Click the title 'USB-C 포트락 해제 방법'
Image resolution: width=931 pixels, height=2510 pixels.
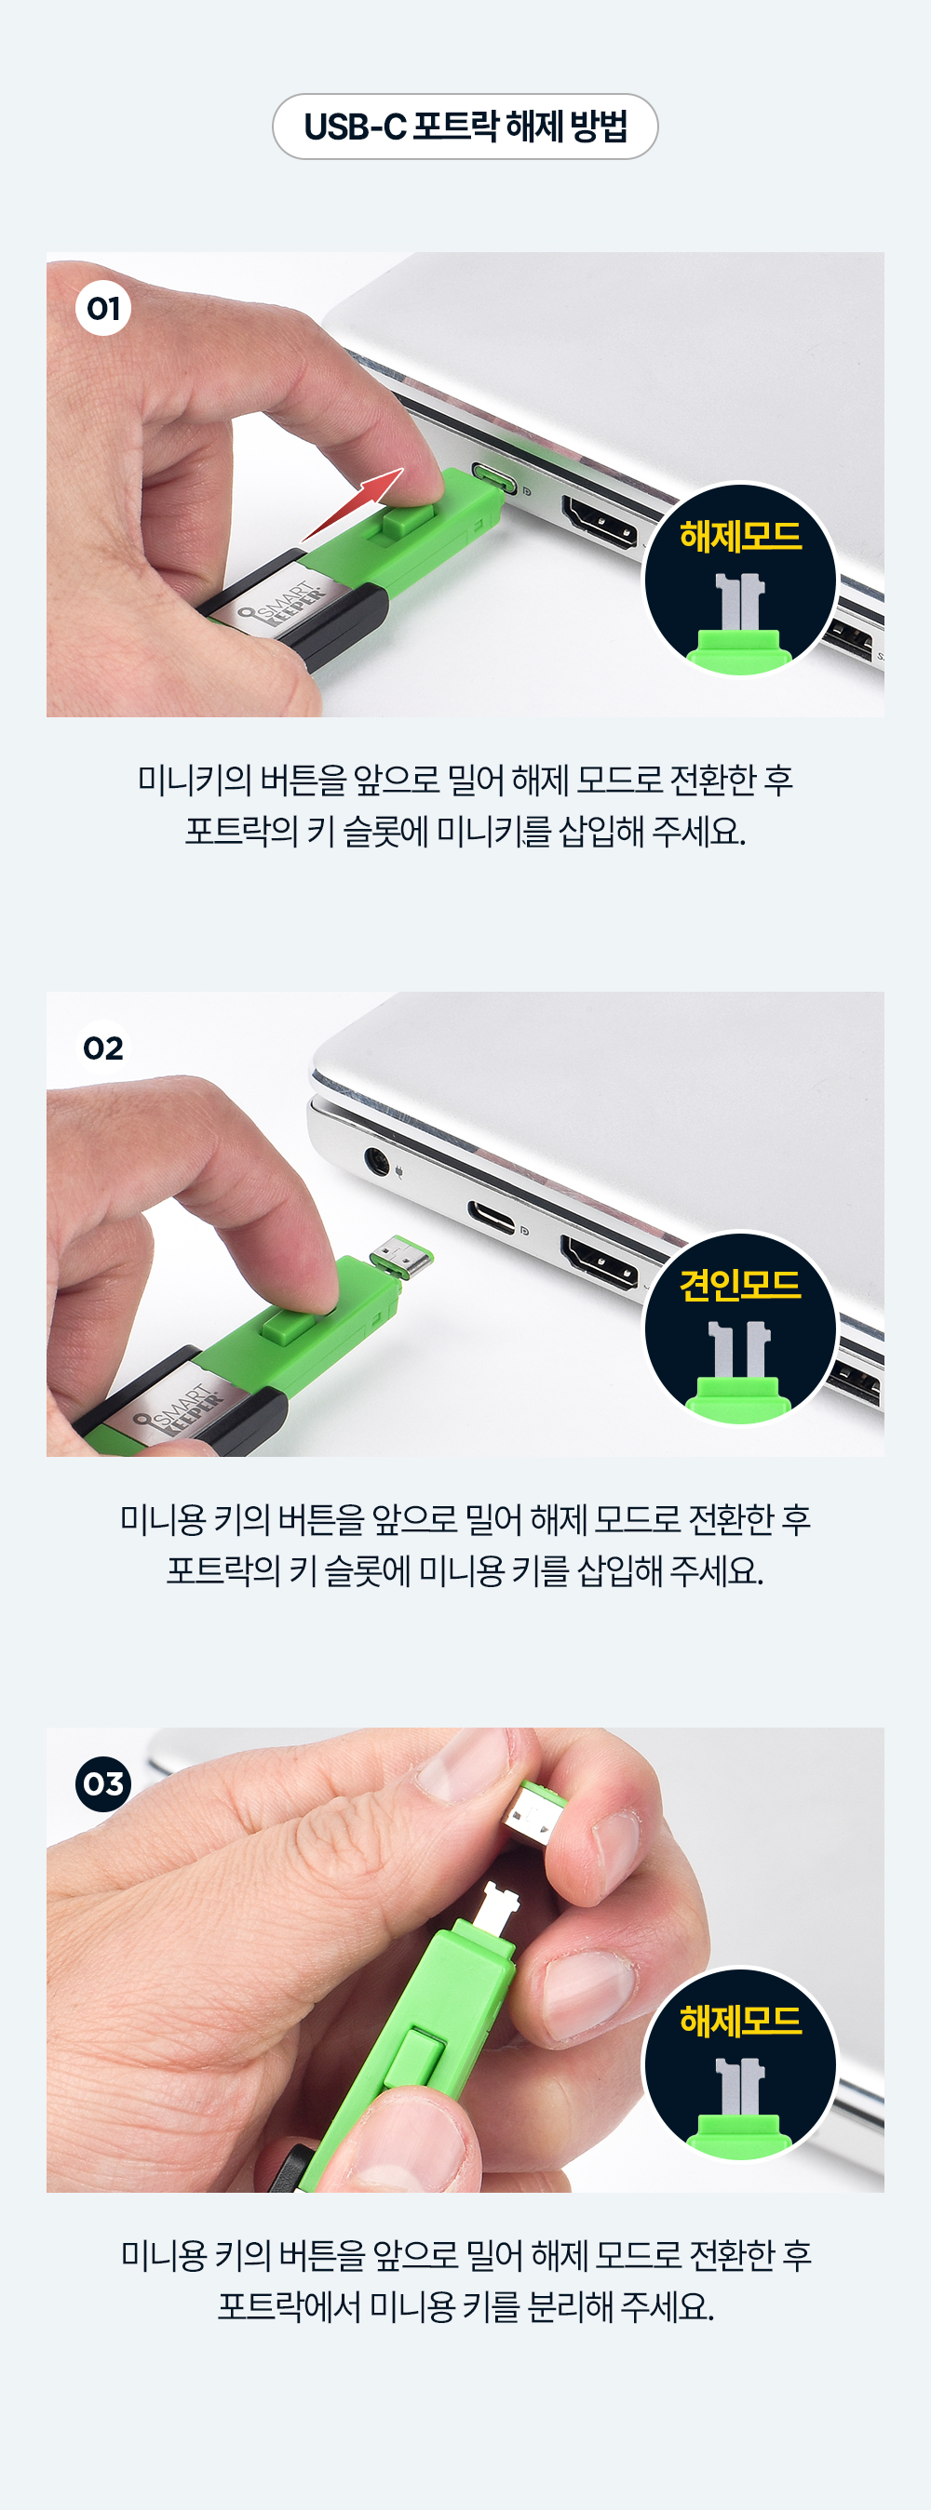(x=465, y=127)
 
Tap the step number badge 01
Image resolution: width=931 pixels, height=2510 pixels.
(x=103, y=308)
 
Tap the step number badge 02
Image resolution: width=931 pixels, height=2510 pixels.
(x=103, y=1048)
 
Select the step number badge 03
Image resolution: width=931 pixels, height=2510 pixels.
(x=103, y=1783)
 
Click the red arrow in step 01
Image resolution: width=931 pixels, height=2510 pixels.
(x=353, y=502)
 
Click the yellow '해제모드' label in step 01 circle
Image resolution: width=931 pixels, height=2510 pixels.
(x=740, y=536)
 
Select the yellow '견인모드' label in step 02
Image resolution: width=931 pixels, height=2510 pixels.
(x=740, y=1285)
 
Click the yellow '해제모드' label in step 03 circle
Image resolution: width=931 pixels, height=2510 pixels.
(x=740, y=2021)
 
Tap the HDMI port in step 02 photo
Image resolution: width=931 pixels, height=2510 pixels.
(x=599, y=1261)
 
